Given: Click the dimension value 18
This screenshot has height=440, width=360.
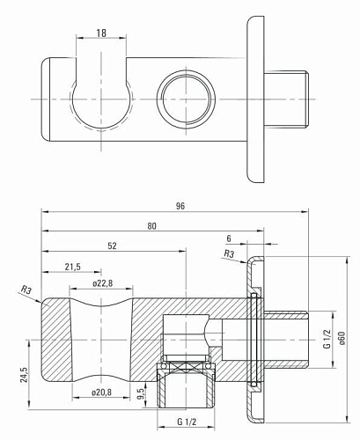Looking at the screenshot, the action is [x=101, y=33].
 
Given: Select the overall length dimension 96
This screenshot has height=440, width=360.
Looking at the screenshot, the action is [x=180, y=206].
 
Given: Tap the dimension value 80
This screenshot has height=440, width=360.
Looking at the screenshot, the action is [x=152, y=226].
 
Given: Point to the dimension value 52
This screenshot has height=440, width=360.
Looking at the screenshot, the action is [x=112, y=246].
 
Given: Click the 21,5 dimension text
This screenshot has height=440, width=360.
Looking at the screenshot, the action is [x=73, y=267].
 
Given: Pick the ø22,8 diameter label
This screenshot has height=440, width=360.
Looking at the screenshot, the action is [x=102, y=283].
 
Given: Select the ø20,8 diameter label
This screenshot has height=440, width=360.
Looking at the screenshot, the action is [x=101, y=392].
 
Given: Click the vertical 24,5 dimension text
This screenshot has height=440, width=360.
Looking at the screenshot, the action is [x=24, y=375].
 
